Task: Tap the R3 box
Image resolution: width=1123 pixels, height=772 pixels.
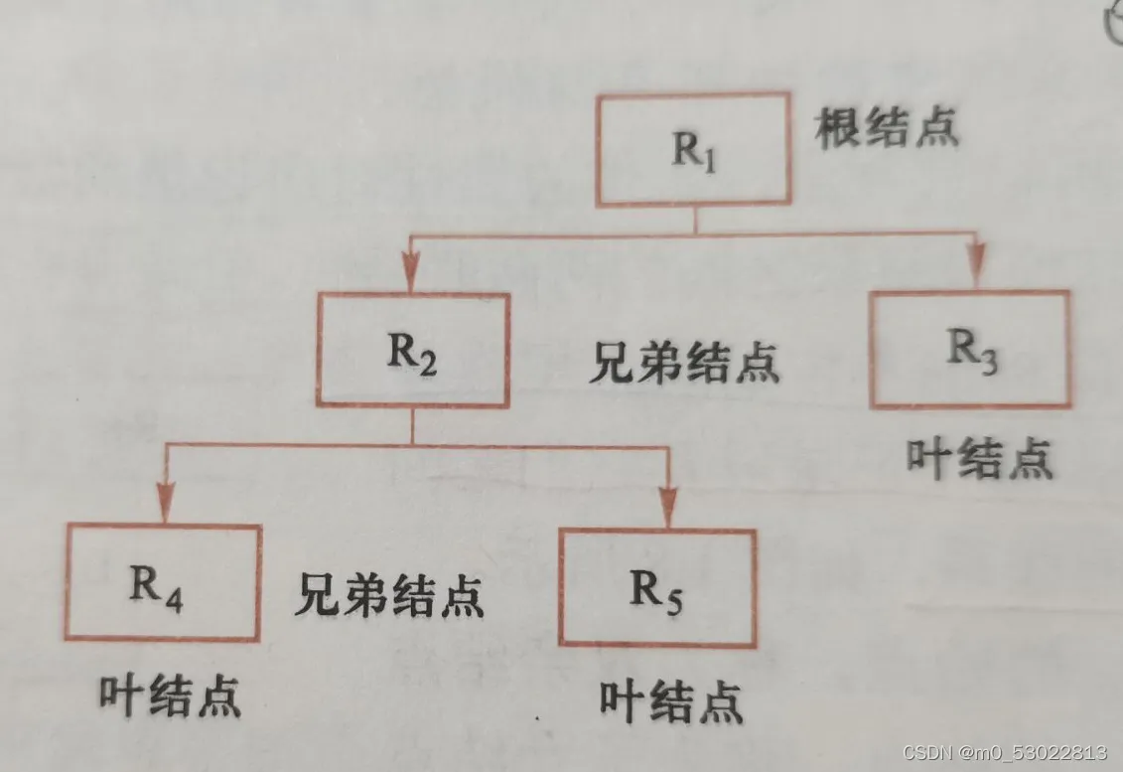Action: pyautogui.click(x=970, y=349)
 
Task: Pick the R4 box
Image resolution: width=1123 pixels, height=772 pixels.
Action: pyautogui.click(x=164, y=582)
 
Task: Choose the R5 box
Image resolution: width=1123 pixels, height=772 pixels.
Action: pyautogui.click(x=657, y=587)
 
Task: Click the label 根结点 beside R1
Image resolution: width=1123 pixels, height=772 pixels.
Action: pyautogui.click(x=887, y=129)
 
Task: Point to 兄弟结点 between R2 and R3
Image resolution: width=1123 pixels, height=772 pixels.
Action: pyautogui.click(x=684, y=365)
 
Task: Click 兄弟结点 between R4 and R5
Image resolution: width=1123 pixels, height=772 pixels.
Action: pyautogui.click(x=389, y=596)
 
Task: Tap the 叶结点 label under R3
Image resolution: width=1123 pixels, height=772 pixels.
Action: pyautogui.click(x=979, y=459)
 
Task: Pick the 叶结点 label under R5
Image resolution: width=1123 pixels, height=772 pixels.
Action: pyautogui.click(x=672, y=702)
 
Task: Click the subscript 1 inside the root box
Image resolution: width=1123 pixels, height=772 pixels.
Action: pyautogui.click(x=707, y=162)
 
